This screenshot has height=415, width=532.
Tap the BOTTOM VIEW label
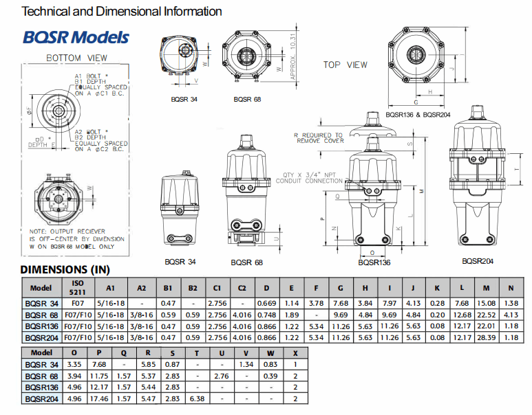click(x=77, y=58)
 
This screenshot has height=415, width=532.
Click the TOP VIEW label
click(x=345, y=65)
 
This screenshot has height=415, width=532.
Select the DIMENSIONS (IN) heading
click(x=65, y=270)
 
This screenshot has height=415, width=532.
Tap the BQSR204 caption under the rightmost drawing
click(x=478, y=261)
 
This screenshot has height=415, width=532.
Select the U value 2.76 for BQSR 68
click(x=221, y=377)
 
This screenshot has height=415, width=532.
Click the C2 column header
click(x=242, y=288)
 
